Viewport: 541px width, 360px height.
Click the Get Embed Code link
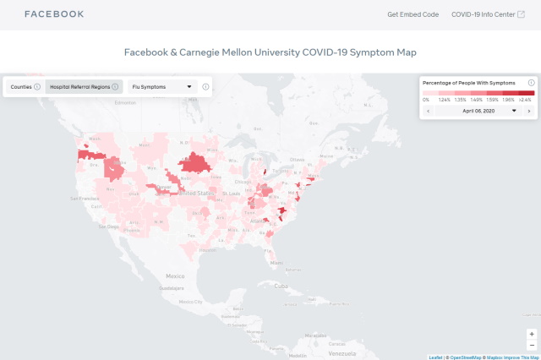[413, 14]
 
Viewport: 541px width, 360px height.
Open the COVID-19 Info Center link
[489, 14]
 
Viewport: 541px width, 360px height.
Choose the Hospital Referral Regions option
[84, 86]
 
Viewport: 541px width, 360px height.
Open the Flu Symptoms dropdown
[162, 86]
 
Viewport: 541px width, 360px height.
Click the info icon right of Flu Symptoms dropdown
[205, 86]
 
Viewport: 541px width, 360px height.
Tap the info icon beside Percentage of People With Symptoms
[531, 83]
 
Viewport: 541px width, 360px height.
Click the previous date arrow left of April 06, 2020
[429, 111]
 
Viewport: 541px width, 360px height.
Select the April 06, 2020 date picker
[479, 111]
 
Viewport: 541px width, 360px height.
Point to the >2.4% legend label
[526, 100]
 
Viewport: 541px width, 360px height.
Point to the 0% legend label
[426, 100]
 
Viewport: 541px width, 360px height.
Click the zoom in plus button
[531, 334]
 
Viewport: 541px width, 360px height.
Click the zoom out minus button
[531, 345]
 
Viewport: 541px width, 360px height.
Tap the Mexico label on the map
[175, 276]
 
